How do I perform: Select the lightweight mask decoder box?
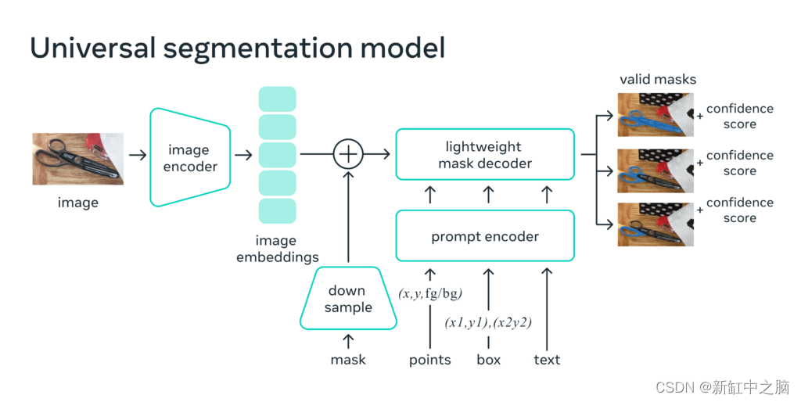pyautogui.click(x=485, y=155)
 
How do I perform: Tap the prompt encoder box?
pyautogui.click(x=485, y=235)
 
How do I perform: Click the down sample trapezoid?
pyautogui.click(x=348, y=299)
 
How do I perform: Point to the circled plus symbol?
pyautogui.click(x=348, y=155)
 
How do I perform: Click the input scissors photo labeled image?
pyautogui.click(x=78, y=159)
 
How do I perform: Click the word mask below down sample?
pyautogui.click(x=348, y=360)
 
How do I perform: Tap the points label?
pyautogui.click(x=430, y=360)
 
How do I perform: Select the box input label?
pyautogui.click(x=489, y=360)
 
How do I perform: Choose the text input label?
pyautogui.click(x=547, y=360)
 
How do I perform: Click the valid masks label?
pyautogui.click(x=657, y=79)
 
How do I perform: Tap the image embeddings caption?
pyautogui.click(x=278, y=249)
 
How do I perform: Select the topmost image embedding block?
pyautogui.click(x=277, y=99)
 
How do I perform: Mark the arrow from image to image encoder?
pyautogui.click(x=138, y=155)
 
